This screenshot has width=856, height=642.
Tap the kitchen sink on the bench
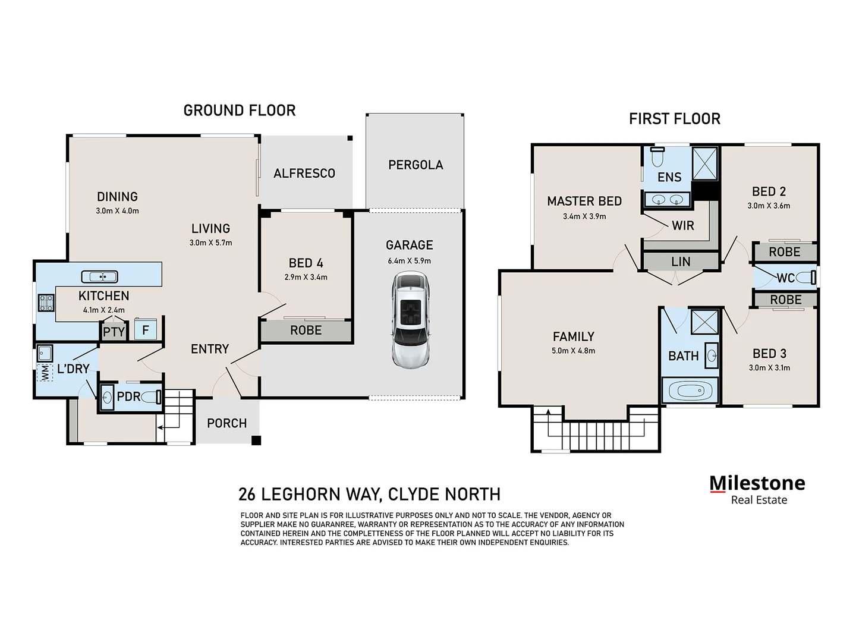(99, 276)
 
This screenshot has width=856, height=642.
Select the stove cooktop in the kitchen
(46, 303)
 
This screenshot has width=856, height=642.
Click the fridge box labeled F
(145, 329)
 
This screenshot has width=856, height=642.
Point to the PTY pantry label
(114, 332)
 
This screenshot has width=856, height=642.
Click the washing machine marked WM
(44, 373)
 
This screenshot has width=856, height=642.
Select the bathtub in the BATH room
(690, 391)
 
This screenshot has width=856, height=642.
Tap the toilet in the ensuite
(657, 157)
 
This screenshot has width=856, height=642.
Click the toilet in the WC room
(806, 278)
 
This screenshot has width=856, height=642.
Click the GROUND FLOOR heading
(239, 111)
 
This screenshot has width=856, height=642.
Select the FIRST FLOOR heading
(674, 119)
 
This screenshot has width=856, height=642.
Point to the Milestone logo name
(757, 483)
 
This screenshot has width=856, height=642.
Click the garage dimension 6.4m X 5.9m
(409, 260)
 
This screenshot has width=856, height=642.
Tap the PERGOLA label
(416, 165)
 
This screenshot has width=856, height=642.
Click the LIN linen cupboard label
(681, 262)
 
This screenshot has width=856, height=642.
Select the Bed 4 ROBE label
(306, 331)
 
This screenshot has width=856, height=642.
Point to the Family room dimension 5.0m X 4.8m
(573, 351)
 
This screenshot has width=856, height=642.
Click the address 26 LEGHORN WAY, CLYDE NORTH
(369, 494)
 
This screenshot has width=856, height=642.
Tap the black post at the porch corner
(256, 440)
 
